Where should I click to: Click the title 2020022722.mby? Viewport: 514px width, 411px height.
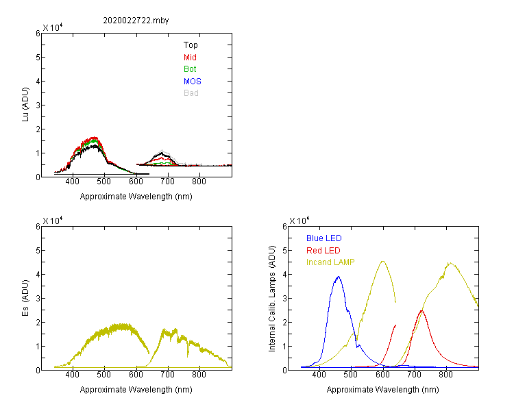136,21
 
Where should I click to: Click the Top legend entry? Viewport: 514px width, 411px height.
191,45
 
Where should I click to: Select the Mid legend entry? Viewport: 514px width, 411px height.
191,58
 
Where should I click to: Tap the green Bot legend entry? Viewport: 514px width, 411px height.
191,69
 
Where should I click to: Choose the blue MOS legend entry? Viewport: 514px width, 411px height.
193,82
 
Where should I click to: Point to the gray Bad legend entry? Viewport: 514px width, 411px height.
191,93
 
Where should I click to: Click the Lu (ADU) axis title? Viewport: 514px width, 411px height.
26,105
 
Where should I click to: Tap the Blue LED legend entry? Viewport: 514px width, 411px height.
323,238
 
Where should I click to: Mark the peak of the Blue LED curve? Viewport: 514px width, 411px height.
338,277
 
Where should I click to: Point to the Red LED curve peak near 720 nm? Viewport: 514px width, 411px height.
421,311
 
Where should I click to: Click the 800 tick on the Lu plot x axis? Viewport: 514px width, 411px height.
199,182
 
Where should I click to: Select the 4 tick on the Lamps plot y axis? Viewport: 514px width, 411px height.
283,274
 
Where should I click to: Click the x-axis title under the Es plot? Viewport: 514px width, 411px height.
136,390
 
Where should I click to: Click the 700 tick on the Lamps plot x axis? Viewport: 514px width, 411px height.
414,375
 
